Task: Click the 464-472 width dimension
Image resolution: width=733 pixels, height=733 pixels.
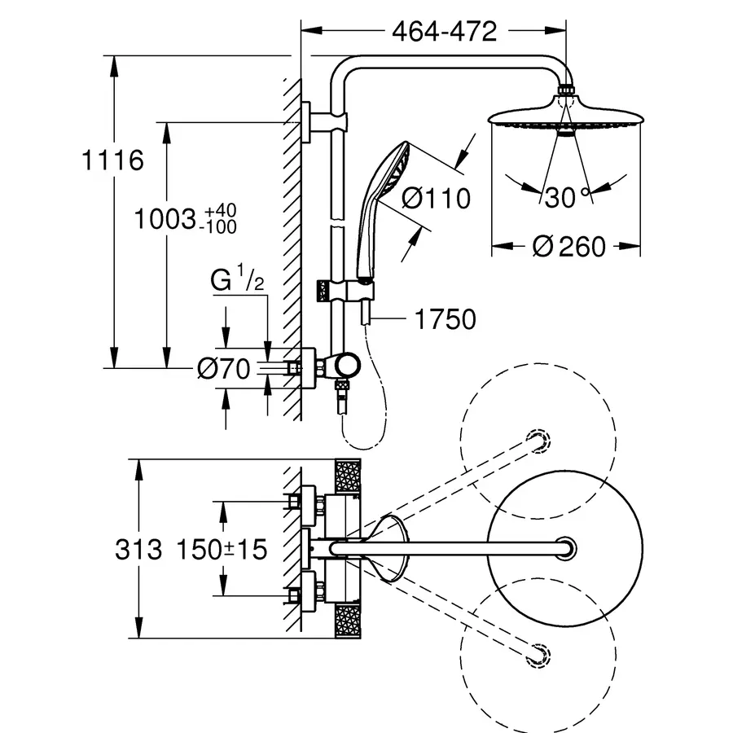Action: tap(444, 32)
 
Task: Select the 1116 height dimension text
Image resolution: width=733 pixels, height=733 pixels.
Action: tap(112, 160)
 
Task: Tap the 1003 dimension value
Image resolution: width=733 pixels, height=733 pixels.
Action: tap(165, 219)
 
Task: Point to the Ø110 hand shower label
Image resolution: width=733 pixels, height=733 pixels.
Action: tap(436, 198)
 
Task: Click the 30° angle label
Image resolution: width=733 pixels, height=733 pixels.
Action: tap(567, 197)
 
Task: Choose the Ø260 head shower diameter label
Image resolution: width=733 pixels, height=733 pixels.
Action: tap(569, 246)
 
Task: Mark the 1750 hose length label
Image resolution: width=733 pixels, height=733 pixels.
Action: tap(445, 319)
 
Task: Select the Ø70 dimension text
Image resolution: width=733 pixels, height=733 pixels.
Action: tap(223, 368)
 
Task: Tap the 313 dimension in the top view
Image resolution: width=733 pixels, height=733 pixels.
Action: tap(138, 549)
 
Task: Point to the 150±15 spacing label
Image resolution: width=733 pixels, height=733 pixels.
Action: tap(222, 549)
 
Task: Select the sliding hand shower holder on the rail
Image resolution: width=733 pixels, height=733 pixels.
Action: tap(345, 291)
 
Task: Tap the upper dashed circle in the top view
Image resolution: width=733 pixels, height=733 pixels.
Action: tap(538, 441)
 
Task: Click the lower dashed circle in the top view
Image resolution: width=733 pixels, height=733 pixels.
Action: tap(538, 656)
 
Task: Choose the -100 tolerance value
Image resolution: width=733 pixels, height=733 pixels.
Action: tap(217, 226)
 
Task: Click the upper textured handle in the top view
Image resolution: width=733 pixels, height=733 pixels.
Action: tap(348, 476)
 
